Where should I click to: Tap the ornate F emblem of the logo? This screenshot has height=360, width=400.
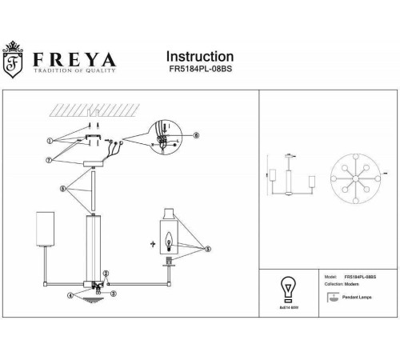14,66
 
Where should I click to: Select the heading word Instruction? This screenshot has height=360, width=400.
200,58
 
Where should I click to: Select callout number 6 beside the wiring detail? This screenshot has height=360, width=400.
199,136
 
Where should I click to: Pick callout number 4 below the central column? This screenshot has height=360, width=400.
70,295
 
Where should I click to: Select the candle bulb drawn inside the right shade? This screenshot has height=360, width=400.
169,238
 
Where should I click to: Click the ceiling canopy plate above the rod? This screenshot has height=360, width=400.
94,162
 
